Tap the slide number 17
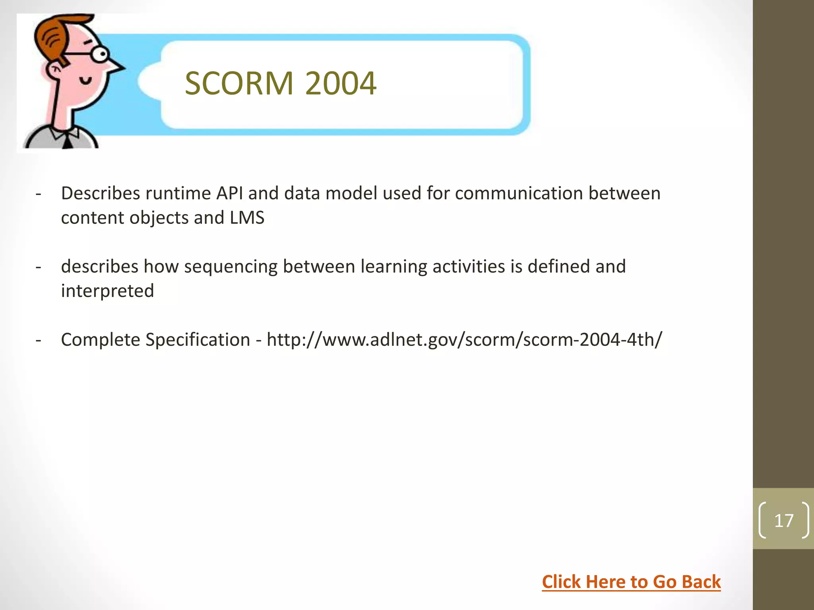pos(784,520)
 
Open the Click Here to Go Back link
pos(631,582)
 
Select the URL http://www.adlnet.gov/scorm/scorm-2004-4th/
pos(464,340)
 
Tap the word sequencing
pos(231,267)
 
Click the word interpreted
pos(107,291)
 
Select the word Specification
pos(198,340)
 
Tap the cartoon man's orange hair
pos(52,36)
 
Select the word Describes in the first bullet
pos(100,193)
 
